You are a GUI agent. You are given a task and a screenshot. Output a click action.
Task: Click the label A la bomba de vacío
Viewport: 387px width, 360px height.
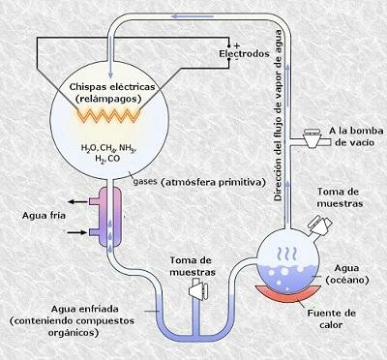pyautogui.click(x=346, y=135)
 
